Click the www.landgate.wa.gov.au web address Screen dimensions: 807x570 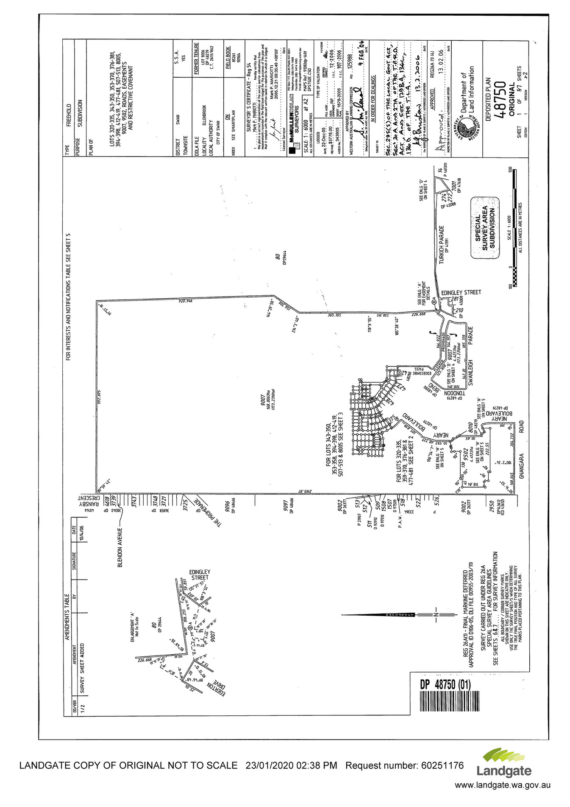pyautogui.click(x=503, y=785)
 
